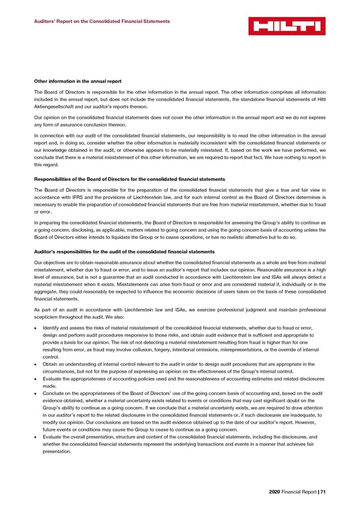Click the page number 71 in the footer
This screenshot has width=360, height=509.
point(323,492)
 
